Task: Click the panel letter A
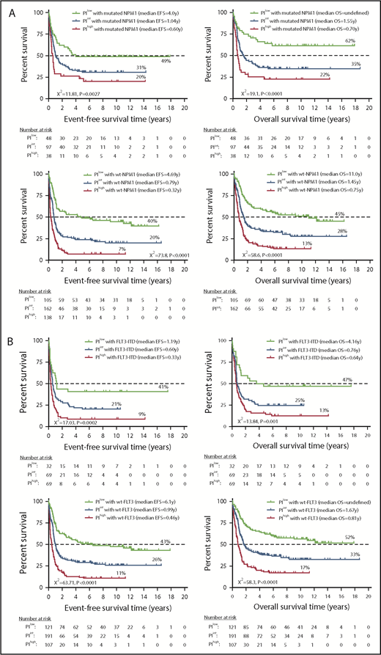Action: tap(7, 7)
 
